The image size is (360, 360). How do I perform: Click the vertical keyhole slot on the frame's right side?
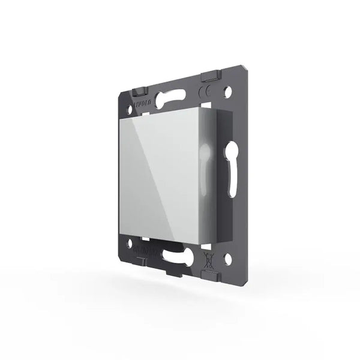click(232, 167)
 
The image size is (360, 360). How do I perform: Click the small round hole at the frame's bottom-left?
click(131, 235)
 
